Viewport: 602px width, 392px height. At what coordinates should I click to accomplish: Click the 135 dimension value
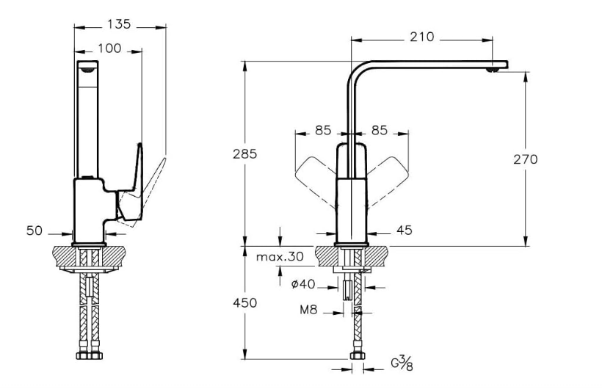tap(119, 24)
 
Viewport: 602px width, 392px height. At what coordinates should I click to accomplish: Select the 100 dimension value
tap(109, 48)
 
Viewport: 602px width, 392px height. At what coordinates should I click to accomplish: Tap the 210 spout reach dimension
tap(422, 37)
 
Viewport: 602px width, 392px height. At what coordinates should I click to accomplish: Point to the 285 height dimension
tap(244, 153)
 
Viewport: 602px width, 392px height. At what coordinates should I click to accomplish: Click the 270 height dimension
tap(526, 159)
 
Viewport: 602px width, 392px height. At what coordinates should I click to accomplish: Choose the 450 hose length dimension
tap(244, 302)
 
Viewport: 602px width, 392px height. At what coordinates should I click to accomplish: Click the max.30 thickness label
tap(280, 256)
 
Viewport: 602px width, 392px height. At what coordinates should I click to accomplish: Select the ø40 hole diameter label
tap(303, 284)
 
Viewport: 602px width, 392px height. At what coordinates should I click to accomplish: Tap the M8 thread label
tap(308, 310)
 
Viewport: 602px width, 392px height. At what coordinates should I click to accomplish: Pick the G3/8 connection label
tap(402, 363)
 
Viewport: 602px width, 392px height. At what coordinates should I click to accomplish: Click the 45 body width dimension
tap(404, 230)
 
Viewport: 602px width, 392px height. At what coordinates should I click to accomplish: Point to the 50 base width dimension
tap(35, 231)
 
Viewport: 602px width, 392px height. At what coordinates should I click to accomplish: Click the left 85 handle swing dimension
tap(323, 131)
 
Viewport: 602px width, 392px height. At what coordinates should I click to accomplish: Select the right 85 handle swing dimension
tap(380, 131)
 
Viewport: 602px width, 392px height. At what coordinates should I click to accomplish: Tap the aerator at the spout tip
tap(492, 70)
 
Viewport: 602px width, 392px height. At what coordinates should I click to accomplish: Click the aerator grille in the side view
tap(87, 70)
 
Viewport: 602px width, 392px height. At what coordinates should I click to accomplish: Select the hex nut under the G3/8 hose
tap(357, 356)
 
